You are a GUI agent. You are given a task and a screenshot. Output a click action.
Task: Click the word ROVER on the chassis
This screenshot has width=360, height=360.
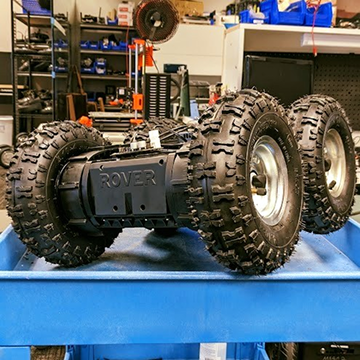pyautogui.click(x=128, y=179)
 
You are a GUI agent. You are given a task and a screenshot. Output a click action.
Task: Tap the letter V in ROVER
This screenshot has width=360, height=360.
pyautogui.click(x=128, y=179)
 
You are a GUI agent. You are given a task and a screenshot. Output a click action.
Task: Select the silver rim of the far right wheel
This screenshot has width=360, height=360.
pyautogui.click(x=335, y=162)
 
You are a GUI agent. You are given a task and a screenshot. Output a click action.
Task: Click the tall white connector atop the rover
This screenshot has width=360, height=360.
pyautogui.click(x=155, y=138)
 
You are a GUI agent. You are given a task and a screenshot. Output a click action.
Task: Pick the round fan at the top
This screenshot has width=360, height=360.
pyautogui.click(x=157, y=20)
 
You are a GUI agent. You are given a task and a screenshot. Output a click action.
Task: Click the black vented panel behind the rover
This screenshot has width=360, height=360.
pyautogui.click(x=157, y=96)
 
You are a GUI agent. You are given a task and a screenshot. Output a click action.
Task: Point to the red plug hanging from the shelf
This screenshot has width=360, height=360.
pyautogui.click(x=314, y=50)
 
